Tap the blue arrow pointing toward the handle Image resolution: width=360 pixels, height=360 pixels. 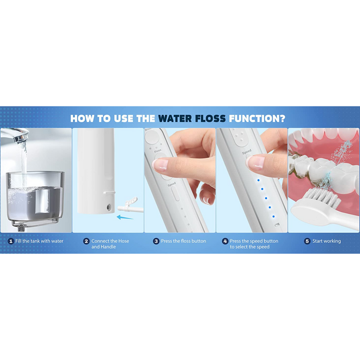(126, 217)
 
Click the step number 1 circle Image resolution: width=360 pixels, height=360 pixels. (11, 241)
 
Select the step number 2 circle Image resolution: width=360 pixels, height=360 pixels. (86, 241)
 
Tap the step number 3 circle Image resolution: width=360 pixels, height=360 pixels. (156, 241)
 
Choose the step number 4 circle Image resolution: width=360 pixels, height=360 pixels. (225, 241)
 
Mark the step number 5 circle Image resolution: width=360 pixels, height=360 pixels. (307, 241)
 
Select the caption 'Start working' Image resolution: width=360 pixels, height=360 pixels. (327, 241)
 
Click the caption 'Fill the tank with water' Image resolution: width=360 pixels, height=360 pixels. (39, 241)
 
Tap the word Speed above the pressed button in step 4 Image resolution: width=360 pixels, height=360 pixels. (246, 152)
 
